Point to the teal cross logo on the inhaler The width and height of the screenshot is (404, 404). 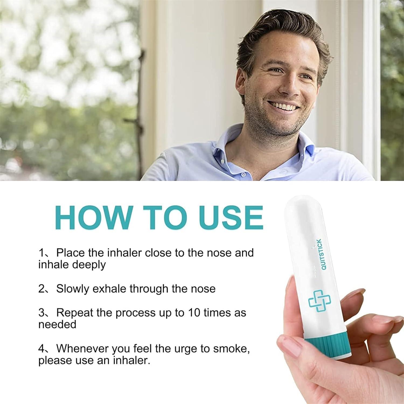319,301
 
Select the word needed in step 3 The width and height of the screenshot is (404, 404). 57,324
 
